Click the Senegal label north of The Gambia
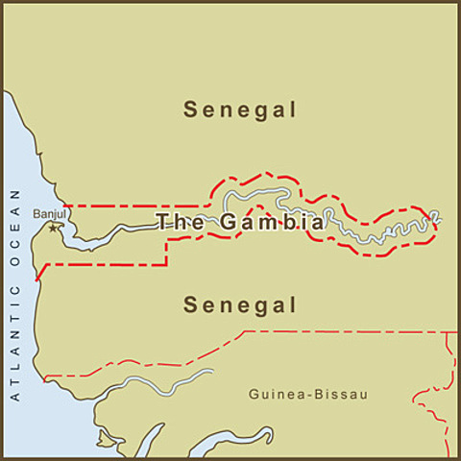click(x=240, y=109)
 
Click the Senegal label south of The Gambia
click(x=240, y=305)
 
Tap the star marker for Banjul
click(x=54, y=228)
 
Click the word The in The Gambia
click(x=176, y=222)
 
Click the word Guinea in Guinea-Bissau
click(x=271, y=394)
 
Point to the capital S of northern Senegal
click(x=190, y=109)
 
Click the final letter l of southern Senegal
click(x=292, y=305)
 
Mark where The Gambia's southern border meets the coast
click(x=36, y=279)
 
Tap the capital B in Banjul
click(x=36, y=214)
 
